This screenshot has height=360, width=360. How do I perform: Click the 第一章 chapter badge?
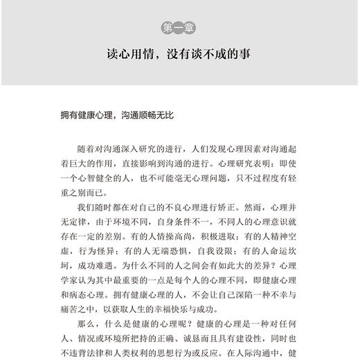pyautogui.click(x=179, y=28)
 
